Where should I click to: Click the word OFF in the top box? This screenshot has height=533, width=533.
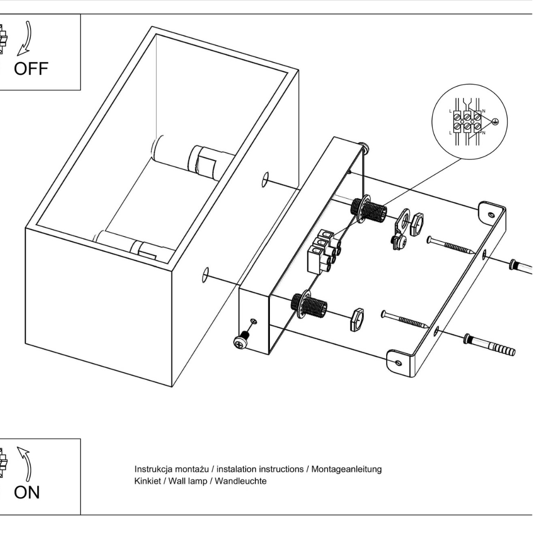point(31,69)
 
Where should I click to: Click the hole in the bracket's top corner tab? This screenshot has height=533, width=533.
point(492,214)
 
